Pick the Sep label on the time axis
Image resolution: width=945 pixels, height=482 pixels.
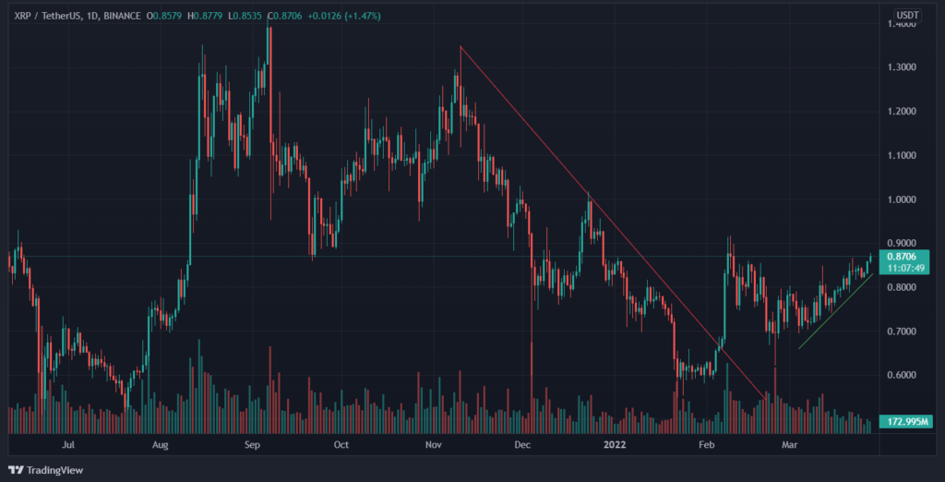click(255, 445)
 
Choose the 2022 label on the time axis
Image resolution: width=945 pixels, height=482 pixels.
click(616, 445)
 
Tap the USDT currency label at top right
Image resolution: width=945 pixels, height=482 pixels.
click(908, 16)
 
